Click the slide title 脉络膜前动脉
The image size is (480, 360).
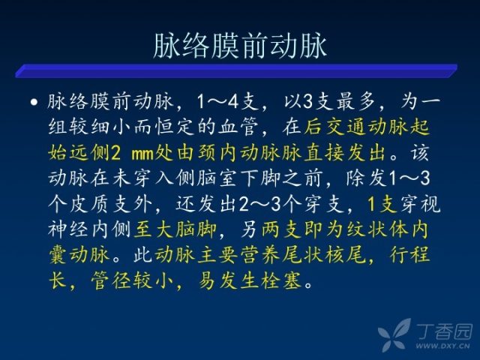240,46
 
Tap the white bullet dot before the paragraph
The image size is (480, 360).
34,102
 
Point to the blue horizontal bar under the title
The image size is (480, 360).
236,70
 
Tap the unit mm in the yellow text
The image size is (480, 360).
142,154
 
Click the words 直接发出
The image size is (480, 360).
344,153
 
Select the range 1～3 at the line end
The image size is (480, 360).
409,178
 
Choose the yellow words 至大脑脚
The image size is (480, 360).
175,229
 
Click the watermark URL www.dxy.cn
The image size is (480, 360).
442,346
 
